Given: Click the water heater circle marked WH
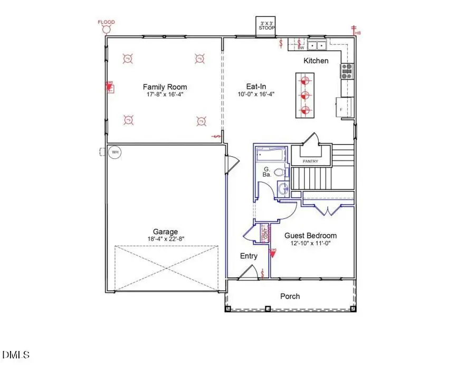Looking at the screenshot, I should (115, 153).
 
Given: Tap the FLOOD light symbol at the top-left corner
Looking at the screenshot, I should (106, 28).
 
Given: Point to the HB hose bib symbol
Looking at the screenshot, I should (356, 31).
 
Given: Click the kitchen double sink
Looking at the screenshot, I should (317, 45).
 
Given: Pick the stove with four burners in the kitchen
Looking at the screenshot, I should (347, 71).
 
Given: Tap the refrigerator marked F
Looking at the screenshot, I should (343, 108).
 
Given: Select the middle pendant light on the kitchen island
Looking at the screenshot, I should (304, 96).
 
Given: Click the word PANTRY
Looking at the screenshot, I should (310, 161).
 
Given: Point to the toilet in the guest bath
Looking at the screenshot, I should (281, 172).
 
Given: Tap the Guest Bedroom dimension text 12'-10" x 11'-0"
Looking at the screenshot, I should (310, 244).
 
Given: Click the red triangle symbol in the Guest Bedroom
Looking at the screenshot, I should (273, 252).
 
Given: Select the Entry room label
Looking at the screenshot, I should (249, 256).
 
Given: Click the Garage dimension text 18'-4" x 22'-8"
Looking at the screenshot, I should (165, 239).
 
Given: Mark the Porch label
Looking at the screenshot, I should (290, 296).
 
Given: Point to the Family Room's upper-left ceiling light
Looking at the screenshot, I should (127, 59).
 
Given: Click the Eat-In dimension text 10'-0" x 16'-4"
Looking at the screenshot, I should (256, 94).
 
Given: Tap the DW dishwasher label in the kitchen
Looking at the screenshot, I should (301, 48).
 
